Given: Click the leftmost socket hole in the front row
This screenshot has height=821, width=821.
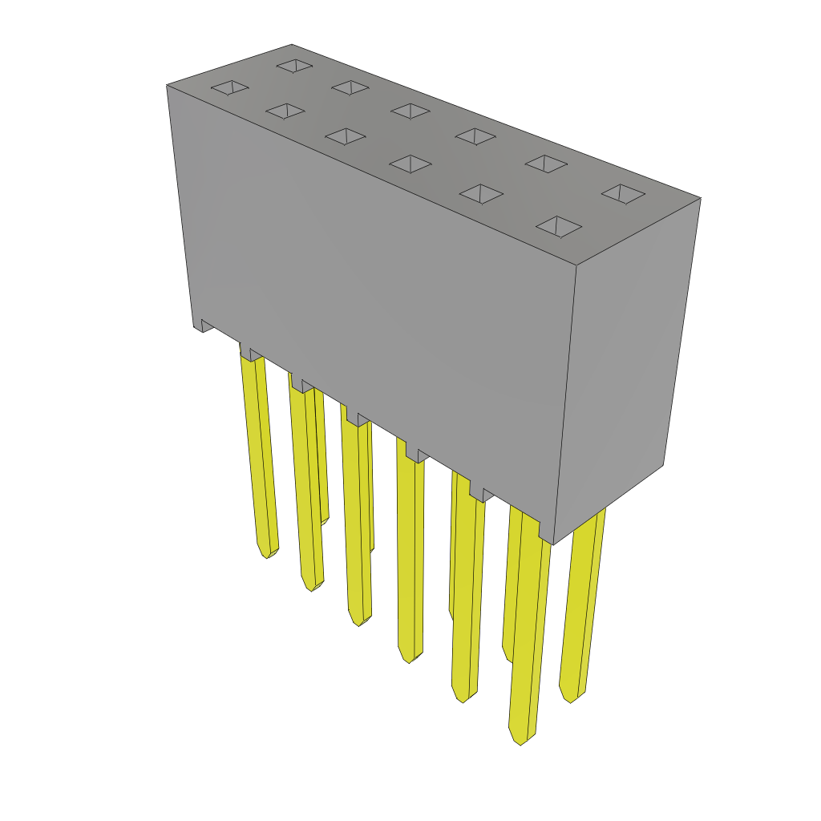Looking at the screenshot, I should (x=229, y=87).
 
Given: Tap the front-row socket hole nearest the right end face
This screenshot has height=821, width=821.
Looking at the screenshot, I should (x=559, y=226).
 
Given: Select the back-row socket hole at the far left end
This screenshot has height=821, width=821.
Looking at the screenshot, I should (x=294, y=66).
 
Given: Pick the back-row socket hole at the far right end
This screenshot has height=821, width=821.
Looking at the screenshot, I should (x=623, y=193).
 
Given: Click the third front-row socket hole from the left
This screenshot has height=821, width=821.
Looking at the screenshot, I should (x=346, y=136).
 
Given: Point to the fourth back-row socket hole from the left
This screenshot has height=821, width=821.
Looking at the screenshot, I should (x=475, y=136).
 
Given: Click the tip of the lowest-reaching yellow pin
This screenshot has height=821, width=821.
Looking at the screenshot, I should (x=520, y=741).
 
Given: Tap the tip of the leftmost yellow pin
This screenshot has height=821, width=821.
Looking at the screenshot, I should (x=268, y=554).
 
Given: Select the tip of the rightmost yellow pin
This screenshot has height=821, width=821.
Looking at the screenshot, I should (x=570, y=698).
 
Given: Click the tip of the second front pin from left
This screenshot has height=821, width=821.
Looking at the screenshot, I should (x=312, y=588).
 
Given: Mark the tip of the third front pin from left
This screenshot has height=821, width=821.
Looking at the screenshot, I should (x=359, y=622).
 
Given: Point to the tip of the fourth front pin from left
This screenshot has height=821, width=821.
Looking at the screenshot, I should (x=410, y=659).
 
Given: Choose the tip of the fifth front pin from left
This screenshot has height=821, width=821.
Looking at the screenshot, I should (x=463, y=698).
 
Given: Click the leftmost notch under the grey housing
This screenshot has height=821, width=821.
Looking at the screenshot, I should (x=206, y=325).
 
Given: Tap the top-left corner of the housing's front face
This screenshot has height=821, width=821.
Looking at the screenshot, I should (x=168, y=85).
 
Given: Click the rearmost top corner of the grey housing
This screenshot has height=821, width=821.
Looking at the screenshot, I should (x=292, y=45).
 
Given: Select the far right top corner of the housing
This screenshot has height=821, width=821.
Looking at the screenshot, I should (x=700, y=198).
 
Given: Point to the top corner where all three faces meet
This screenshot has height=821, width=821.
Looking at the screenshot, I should (x=576, y=265).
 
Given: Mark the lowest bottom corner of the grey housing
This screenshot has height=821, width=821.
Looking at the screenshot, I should (x=553, y=544).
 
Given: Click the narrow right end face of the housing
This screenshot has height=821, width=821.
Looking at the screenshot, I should (x=625, y=361).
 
